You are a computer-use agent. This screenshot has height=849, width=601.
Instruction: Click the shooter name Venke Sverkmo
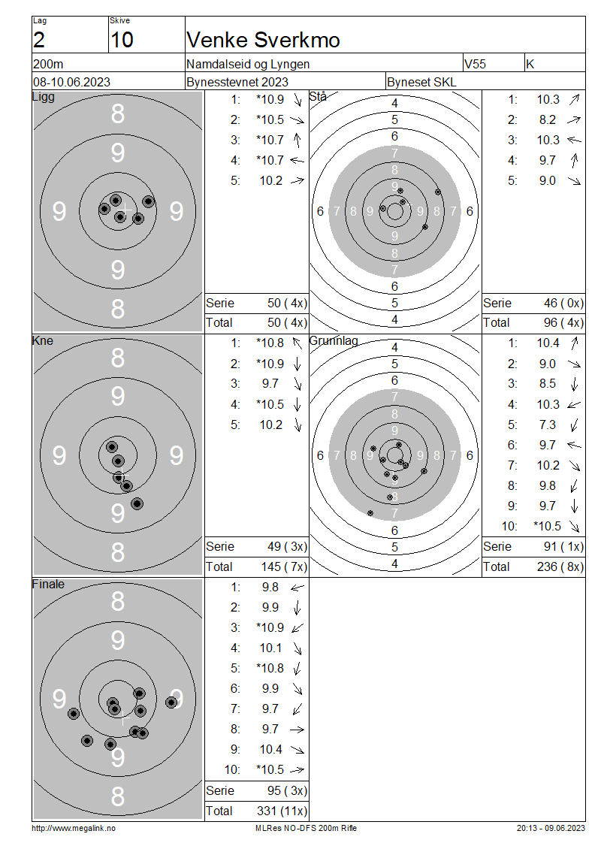[x=263, y=40]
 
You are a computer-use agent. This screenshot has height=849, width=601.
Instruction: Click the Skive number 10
[x=122, y=40]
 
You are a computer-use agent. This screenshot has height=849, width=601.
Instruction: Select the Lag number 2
[x=39, y=40]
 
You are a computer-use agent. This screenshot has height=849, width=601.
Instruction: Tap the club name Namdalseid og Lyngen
[x=248, y=64]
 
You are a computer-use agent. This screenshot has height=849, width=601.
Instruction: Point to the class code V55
[x=475, y=64]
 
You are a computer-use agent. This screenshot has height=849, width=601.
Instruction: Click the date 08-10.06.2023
[x=71, y=83]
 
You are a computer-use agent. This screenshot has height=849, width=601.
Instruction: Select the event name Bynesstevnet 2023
[x=237, y=83]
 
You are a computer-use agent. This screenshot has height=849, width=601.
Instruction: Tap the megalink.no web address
[x=74, y=828]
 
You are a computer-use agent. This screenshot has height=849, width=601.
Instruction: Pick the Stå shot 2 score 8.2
[x=548, y=119]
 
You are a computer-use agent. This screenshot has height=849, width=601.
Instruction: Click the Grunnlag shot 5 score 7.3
[x=548, y=425]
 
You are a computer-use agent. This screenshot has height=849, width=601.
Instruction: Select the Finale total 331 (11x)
[x=282, y=811]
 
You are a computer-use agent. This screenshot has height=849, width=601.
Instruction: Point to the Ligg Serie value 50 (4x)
[x=288, y=304]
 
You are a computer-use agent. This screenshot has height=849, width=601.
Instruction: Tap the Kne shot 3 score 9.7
[x=270, y=384]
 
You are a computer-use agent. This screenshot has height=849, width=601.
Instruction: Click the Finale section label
[x=48, y=585]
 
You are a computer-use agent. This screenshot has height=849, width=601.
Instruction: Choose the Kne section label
[x=43, y=340]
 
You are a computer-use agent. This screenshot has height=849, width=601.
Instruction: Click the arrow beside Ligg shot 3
[x=297, y=140]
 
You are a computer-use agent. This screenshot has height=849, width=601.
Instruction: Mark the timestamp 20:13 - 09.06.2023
[x=551, y=828]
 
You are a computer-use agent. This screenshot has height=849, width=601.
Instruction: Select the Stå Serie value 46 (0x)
[x=563, y=304]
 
